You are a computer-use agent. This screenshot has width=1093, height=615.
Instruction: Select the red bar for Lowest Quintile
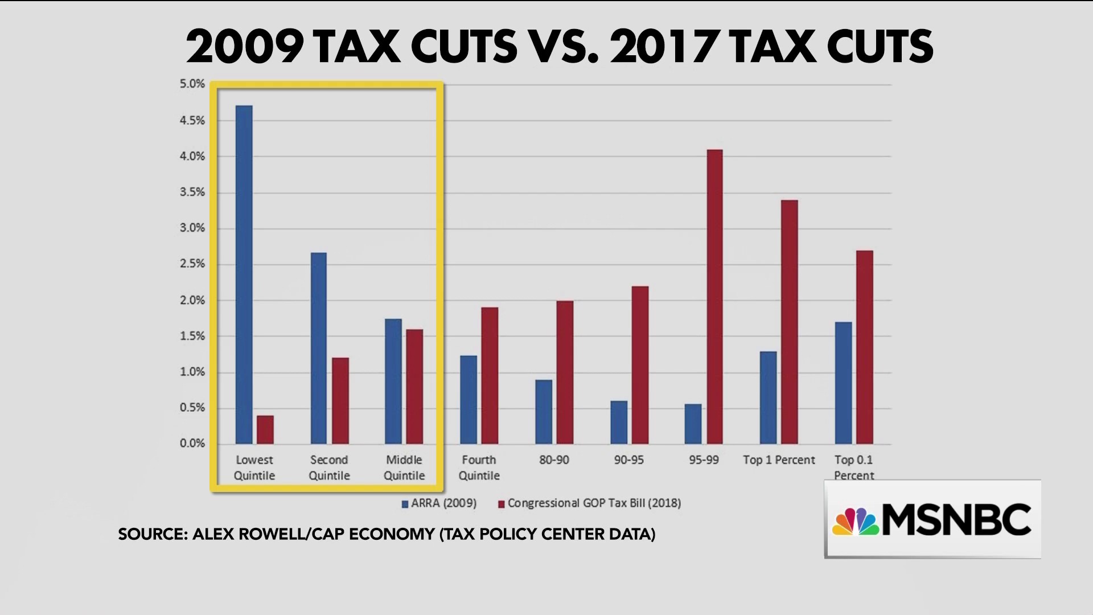(265, 430)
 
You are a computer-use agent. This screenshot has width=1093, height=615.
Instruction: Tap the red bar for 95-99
(714, 297)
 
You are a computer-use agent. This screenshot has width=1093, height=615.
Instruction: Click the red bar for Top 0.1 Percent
(864, 347)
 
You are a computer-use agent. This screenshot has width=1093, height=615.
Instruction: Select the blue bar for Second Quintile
(318, 348)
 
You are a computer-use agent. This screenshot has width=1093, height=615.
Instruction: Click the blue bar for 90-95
(619, 423)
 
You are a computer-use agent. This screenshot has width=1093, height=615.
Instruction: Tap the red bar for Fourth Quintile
(490, 375)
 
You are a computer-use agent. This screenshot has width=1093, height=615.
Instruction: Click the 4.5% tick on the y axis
(192, 121)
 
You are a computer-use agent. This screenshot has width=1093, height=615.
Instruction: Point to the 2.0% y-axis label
(192, 300)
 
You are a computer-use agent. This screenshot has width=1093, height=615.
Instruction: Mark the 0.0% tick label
(192, 444)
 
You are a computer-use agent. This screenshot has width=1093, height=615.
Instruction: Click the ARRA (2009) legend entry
(439, 503)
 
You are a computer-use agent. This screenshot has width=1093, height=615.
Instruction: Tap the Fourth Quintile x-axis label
(479, 468)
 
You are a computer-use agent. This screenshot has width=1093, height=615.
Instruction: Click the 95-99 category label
(704, 460)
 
